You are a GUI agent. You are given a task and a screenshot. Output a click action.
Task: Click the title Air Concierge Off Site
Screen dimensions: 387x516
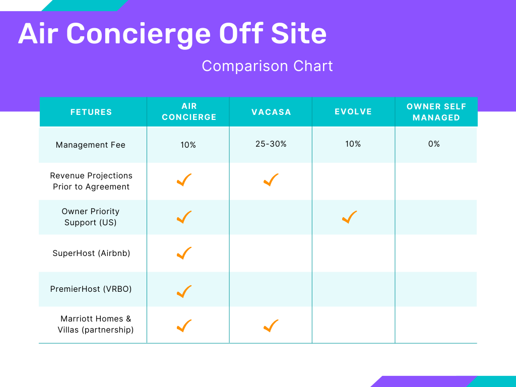pyautogui.click(x=172, y=34)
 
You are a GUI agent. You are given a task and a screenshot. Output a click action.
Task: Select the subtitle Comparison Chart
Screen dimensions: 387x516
pyautogui.click(x=267, y=66)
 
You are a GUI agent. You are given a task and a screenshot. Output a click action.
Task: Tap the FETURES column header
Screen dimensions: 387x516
pyautogui.click(x=91, y=112)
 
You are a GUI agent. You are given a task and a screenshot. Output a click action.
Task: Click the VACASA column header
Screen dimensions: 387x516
pyautogui.click(x=271, y=112)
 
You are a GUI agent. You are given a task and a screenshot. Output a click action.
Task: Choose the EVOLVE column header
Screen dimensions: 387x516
pyautogui.click(x=353, y=112)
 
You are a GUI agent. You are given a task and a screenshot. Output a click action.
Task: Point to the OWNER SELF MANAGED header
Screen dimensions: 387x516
pyautogui.click(x=436, y=112)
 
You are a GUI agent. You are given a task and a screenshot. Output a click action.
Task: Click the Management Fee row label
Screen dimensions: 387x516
pyautogui.click(x=91, y=145)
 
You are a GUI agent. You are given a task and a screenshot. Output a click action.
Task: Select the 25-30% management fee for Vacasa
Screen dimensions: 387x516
pyautogui.click(x=271, y=144)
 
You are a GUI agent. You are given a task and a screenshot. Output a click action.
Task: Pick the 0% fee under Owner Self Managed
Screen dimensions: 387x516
pyautogui.click(x=434, y=144)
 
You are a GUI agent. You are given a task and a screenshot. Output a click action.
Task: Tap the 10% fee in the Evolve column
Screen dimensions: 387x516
pyautogui.click(x=353, y=144)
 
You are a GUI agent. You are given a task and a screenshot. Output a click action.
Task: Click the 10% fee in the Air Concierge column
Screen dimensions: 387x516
pyautogui.click(x=188, y=145)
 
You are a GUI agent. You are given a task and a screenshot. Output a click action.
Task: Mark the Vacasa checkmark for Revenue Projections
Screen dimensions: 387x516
pyautogui.click(x=271, y=180)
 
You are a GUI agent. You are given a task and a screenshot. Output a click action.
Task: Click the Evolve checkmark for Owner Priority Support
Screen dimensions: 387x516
pyautogui.click(x=349, y=217)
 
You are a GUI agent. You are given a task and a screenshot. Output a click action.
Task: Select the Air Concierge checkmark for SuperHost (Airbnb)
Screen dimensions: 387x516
pyautogui.click(x=184, y=253)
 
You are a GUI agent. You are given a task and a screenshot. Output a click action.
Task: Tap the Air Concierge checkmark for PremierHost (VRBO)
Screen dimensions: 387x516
pyautogui.click(x=184, y=291)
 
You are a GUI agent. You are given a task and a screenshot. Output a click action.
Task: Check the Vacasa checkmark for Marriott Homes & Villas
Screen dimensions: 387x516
pyautogui.click(x=271, y=326)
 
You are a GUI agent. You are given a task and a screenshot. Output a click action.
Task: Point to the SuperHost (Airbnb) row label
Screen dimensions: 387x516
pyautogui.click(x=91, y=253)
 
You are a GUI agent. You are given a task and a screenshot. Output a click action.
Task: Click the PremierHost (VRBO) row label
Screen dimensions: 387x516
pyautogui.click(x=91, y=289)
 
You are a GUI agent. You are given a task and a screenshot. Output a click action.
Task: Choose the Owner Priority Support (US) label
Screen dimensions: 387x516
pyautogui.click(x=91, y=217)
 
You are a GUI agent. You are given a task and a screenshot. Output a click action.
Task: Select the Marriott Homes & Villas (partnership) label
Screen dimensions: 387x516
pyautogui.click(x=95, y=325)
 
